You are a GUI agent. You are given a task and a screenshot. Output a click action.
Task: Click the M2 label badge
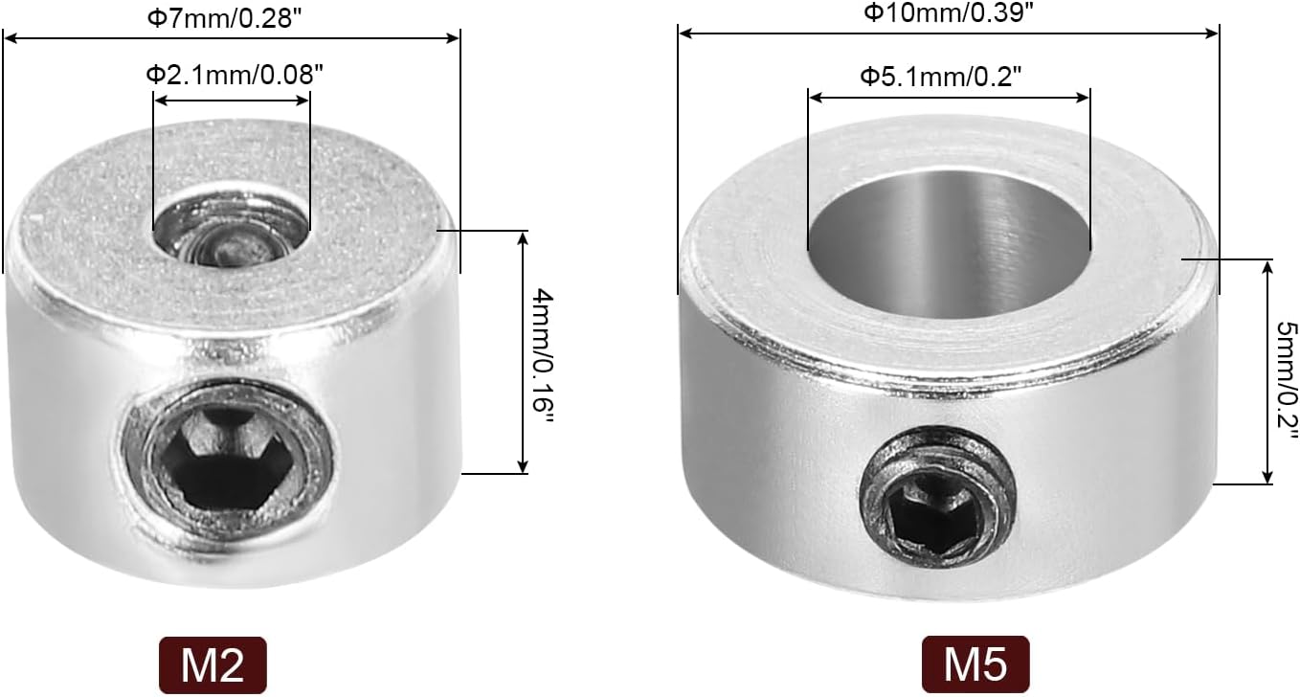[213, 665]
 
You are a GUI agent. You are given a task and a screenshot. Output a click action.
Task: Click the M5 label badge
[975, 664]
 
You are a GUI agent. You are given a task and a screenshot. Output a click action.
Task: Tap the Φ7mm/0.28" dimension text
[225, 18]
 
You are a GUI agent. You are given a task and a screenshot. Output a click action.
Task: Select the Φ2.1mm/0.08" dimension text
[235, 75]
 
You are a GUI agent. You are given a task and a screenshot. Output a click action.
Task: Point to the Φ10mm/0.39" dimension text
[950, 12]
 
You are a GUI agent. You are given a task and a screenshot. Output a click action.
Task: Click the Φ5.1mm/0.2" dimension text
[940, 76]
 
